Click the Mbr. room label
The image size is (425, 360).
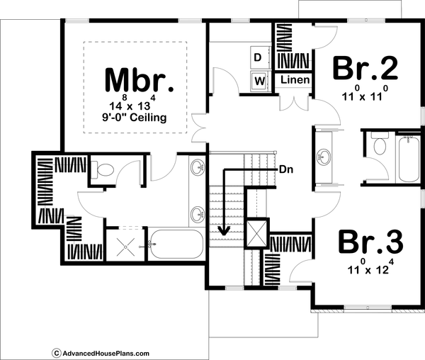point(139,80)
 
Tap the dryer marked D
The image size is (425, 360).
point(258,57)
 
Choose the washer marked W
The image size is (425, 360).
point(259,81)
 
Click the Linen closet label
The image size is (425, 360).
point(295,80)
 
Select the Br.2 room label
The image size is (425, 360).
point(365,69)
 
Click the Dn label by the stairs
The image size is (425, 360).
point(287,170)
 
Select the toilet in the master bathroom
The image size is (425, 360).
point(104,170)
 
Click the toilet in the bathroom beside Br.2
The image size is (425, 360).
point(378,147)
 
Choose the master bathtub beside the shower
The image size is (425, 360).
point(175,243)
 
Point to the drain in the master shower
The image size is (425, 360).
point(125,244)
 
